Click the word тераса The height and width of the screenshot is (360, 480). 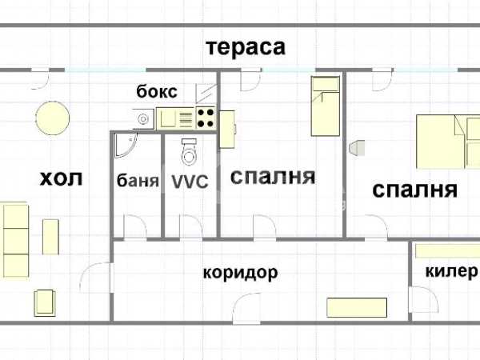246,47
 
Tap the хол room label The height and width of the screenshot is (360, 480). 62,178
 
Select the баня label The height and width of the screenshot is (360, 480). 138,180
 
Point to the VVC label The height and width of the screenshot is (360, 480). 190,182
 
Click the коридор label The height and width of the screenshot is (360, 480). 240,273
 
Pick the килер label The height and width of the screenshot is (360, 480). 451,271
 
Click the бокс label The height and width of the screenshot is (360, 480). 157,91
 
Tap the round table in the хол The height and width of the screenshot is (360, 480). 52,118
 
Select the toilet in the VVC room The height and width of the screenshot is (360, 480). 189,152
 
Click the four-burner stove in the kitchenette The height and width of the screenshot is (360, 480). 206,118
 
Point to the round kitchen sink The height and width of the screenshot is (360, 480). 143,118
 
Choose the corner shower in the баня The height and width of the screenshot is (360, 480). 126,145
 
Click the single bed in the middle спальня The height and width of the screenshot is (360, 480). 325,106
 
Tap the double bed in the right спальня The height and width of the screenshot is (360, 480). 448,142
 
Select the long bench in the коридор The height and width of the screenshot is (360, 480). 357,307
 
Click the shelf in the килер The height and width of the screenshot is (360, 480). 447,250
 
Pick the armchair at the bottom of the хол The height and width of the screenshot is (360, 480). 45,303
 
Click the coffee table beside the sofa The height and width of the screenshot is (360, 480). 50,237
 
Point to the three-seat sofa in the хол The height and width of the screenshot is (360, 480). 16,240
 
